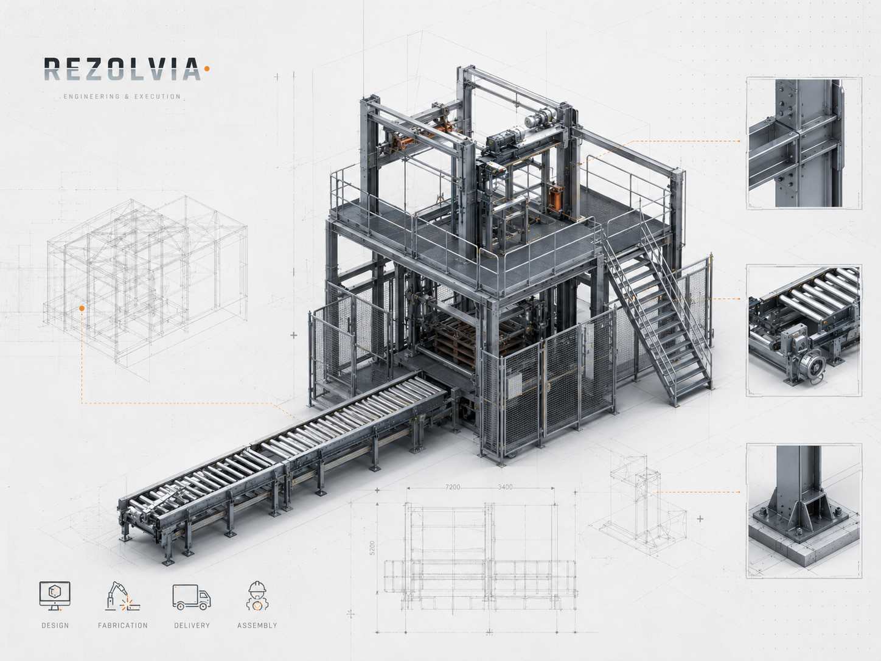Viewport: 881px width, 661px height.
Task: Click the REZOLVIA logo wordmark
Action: pyautogui.click(x=122, y=69)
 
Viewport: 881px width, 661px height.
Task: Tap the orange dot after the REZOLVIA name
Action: pyautogui.click(x=207, y=69)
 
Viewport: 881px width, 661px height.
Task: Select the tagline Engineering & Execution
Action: pyautogui.click(x=122, y=96)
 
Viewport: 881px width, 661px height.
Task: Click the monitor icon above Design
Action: pyautogui.click(x=55, y=596)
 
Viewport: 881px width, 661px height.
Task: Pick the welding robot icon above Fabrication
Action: pyautogui.click(x=122, y=596)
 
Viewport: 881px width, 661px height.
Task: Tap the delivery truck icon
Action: pyautogui.click(x=192, y=597)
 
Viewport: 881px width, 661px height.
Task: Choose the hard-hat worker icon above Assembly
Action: pyautogui.click(x=257, y=596)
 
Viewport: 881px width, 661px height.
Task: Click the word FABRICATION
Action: pyautogui.click(x=123, y=625)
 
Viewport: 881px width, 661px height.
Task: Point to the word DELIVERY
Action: pyautogui.click(x=192, y=625)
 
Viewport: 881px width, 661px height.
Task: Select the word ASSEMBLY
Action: pyautogui.click(x=257, y=625)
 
